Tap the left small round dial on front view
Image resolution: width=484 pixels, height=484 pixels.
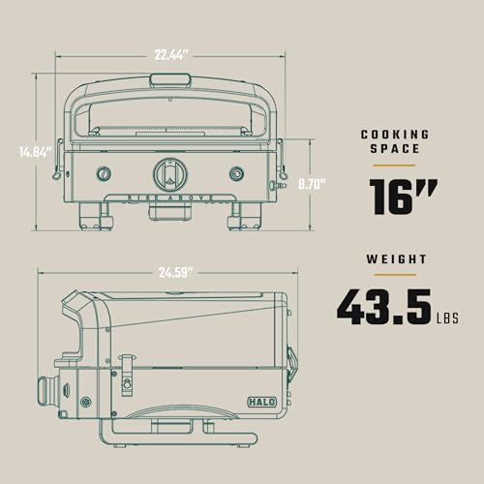point(104,174)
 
